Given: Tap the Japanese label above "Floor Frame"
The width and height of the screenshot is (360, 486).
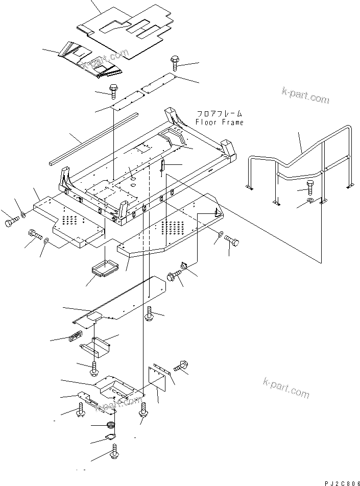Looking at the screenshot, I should pos(220,115).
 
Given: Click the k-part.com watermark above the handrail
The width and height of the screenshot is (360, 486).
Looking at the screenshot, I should pos(305,95).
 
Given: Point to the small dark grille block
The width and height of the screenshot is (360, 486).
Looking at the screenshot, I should pos(75,336).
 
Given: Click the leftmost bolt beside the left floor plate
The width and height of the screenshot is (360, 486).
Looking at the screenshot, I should pos(12,223).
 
